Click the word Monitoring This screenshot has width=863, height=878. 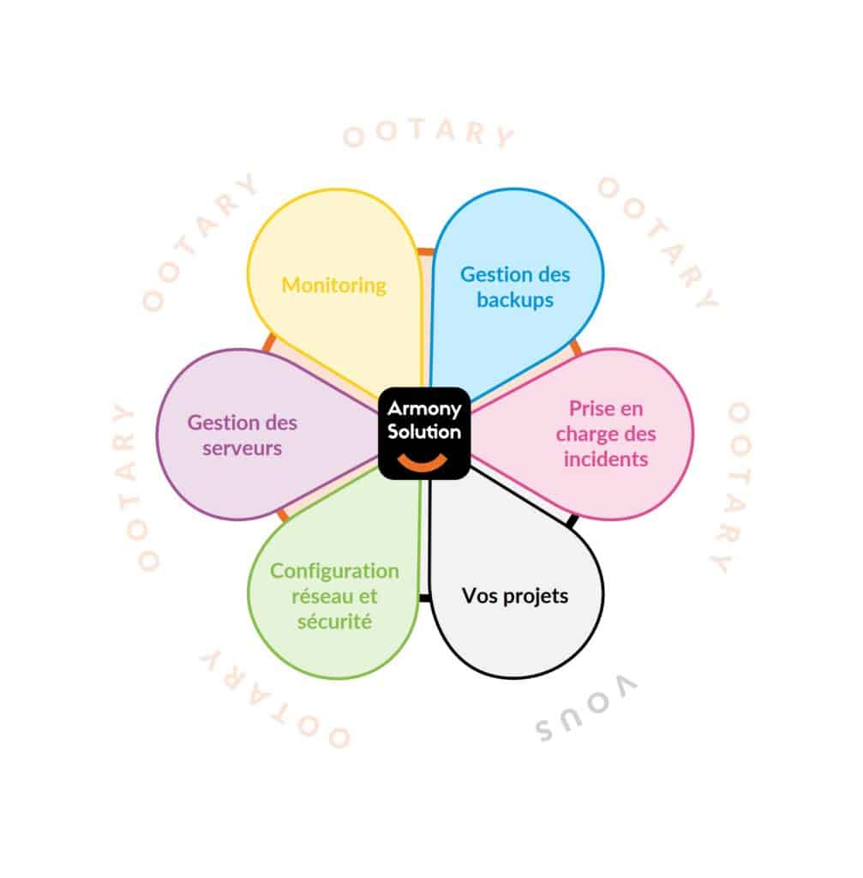[333, 286]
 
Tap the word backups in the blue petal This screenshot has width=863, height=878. [515, 300]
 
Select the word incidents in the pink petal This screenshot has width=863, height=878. [606, 460]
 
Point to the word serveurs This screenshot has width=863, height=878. [242, 448]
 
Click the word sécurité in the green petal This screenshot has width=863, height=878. [334, 621]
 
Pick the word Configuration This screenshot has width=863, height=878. [334, 571]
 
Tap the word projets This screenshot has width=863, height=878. [536, 597]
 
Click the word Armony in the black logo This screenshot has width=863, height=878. [424, 409]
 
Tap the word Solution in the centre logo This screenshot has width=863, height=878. [424, 431]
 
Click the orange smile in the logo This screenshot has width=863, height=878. [423, 464]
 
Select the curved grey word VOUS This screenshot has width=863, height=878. [585, 707]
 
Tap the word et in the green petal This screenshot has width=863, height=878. [367, 597]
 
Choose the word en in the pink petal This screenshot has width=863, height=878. [631, 409]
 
